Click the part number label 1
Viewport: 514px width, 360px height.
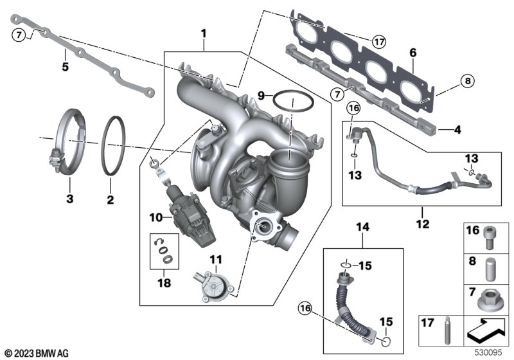[204, 34]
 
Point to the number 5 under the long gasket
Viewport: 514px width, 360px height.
[66, 67]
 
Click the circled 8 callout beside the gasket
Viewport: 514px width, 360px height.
[468, 80]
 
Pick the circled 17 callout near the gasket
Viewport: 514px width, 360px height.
[379, 42]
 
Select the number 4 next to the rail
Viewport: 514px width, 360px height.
[457, 130]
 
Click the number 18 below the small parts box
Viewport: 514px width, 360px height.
[164, 283]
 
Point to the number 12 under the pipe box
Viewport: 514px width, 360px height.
[423, 224]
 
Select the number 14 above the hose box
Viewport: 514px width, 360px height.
[362, 227]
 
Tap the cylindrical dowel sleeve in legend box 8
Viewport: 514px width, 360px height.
[490, 269]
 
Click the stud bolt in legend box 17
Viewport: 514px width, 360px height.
[447, 330]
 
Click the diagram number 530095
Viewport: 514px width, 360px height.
[488, 352]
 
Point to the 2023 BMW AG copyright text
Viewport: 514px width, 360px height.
[37, 353]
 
